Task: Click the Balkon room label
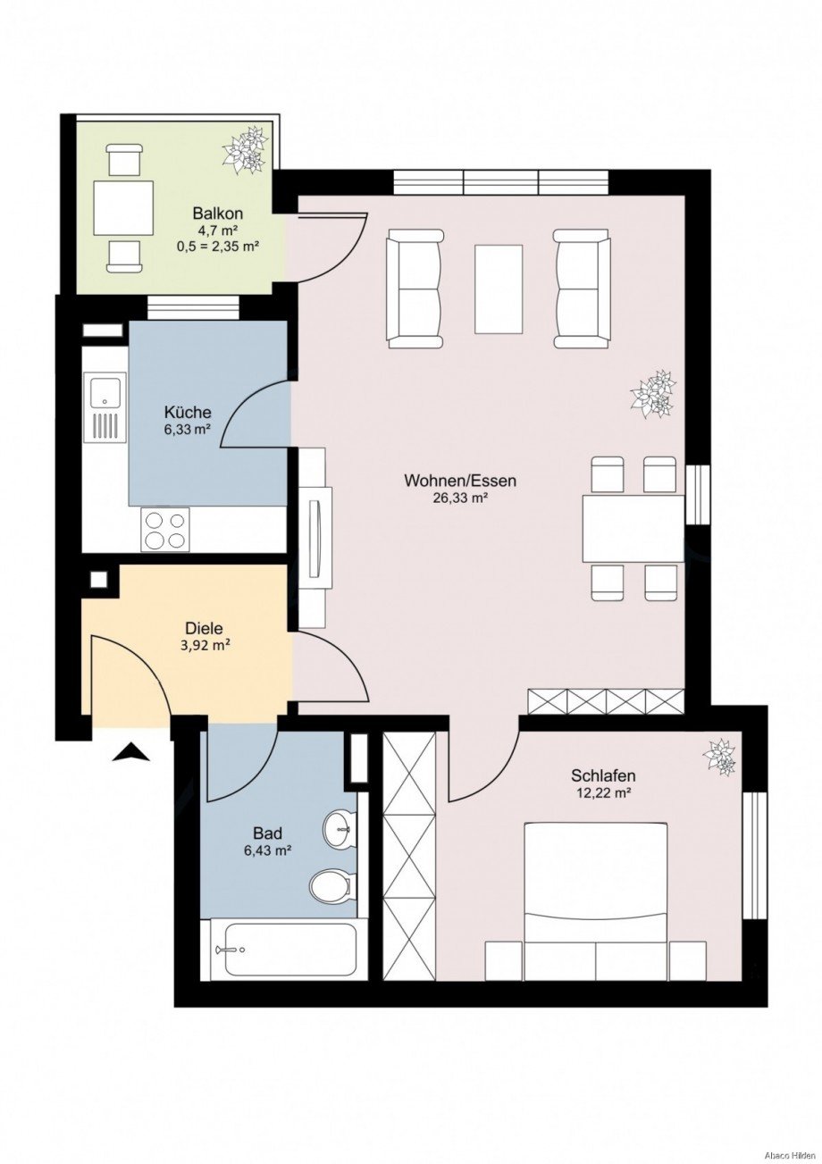click(x=218, y=214)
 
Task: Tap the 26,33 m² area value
click(x=459, y=498)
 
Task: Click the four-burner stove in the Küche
click(x=165, y=529)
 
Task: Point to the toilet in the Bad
click(x=328, y=887)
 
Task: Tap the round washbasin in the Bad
click(x=339, y=830)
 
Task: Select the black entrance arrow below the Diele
click(x=131, y=753)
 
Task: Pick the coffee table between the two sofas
click(x=499, y=289)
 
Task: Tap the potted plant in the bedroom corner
click(x=720, y=757)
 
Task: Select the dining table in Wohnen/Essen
click(x=633, y=528)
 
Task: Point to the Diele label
click(x=203, y=627)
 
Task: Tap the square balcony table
click(x=123, y=207)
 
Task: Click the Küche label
click(x=188, y=413)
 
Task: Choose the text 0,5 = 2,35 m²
click(x=218, y=247)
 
